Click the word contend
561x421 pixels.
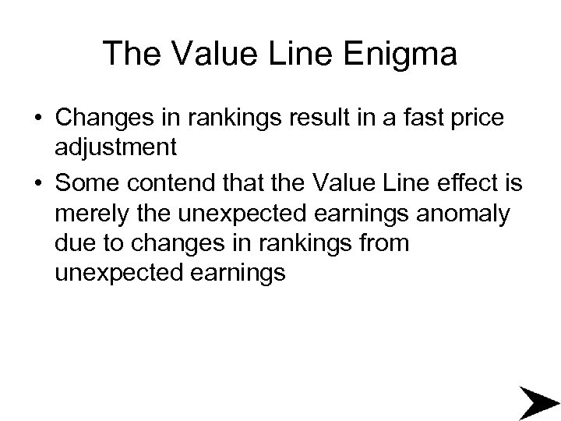(x=166, y=182)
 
